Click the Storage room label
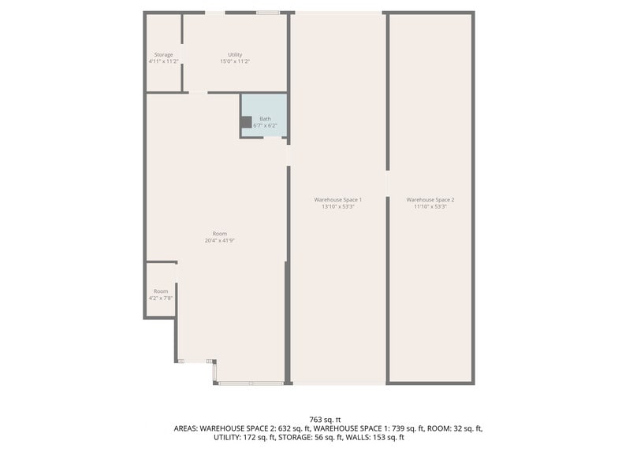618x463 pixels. [163, 54]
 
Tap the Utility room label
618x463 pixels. [235, 54]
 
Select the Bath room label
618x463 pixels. [265, 119]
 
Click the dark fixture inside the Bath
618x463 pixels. [246, 122]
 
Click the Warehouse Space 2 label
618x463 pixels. [430, 200]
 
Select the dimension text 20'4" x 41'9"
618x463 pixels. [220, 240]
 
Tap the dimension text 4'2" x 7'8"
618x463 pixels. [161, 298]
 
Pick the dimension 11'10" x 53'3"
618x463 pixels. [430, 206]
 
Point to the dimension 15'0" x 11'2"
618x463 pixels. [235, 61]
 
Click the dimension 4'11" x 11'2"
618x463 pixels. [163, 61]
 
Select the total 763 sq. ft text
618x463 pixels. [325, 420]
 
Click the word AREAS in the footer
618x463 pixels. [187, 428]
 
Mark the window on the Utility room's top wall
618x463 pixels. [268, 13]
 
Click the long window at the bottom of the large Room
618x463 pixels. [251, 383]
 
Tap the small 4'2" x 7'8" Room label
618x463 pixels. [161, 291]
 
